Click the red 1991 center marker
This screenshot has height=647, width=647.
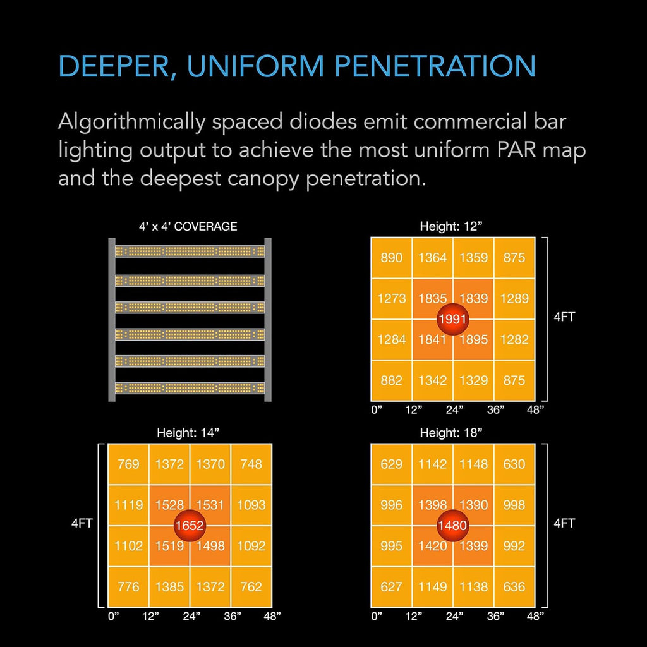pyautogui.click(x=452, y=319)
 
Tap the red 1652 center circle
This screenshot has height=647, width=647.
pyautogui.click(x=190, y=525)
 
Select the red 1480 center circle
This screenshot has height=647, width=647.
pyautogui.click(x=452, y=525)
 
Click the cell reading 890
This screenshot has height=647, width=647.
pyautogui.click(x=392, y=258)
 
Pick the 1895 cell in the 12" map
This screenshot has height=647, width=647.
pyautogui.click(x=473, y=339)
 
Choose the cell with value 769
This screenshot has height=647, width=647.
pyautogui.click(x=128, y=464)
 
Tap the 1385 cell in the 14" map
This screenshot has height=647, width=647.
pyautogui.click(x=169, y=587)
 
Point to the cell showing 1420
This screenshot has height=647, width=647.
pyautogui.click(x=432, y=546)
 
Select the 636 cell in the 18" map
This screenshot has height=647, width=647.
pyautogui.click(x=514, y=587)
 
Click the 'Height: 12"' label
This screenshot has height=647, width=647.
pyautogui.click(x=451, y=226)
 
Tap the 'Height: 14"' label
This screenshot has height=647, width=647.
pyautogui.click(x=188, y=433)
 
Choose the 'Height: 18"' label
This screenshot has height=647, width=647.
pyautogui.click(x=451, y=433)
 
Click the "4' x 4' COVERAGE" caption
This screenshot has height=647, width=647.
pyautogui.click(x=188, y=227)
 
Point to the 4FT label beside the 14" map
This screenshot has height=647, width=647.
pyautogui.click(x=82, y=523)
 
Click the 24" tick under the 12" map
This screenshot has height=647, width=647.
pyautogui.click(x=454, y=409)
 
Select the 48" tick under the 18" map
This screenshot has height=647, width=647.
pyautogui.click(x=535, y=617)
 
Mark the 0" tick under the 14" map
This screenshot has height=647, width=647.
pyautogui.click(x=113, y=617)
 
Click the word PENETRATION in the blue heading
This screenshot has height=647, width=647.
pyautogui.click(x=435, y=66)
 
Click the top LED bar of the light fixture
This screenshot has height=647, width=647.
pyautogui.click(x=190, y=251)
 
